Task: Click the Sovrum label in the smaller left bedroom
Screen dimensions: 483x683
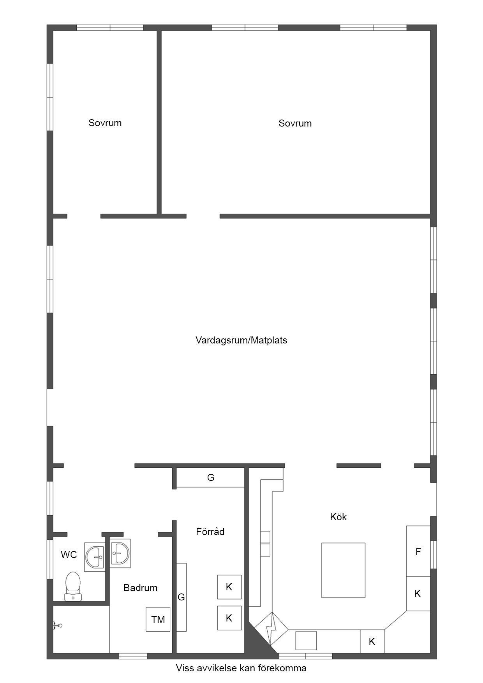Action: point(105,123)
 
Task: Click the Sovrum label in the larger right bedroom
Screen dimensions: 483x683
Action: point(295,123)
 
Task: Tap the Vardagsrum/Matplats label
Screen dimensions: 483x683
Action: point(241,340)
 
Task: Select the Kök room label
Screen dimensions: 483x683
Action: point(338,517)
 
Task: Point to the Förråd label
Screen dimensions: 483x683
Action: point(210,532)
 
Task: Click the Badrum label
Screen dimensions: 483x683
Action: point(140,588)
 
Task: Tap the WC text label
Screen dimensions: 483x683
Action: point(69,555)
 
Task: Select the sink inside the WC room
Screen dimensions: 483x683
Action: point(95,557)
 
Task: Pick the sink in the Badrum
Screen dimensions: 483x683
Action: point(120,552)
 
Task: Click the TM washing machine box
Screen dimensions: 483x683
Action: point(158,619)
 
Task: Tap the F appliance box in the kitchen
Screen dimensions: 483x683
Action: point(418,551)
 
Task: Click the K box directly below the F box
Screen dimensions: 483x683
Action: point(418,593)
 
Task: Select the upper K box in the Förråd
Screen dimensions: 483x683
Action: point(229,587)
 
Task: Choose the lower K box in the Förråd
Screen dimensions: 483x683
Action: point(229,618)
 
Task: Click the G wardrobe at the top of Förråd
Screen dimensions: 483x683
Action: point(210,477)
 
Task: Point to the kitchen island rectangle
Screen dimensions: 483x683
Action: point(343,570)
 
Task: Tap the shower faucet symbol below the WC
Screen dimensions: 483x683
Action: point(57,626)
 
